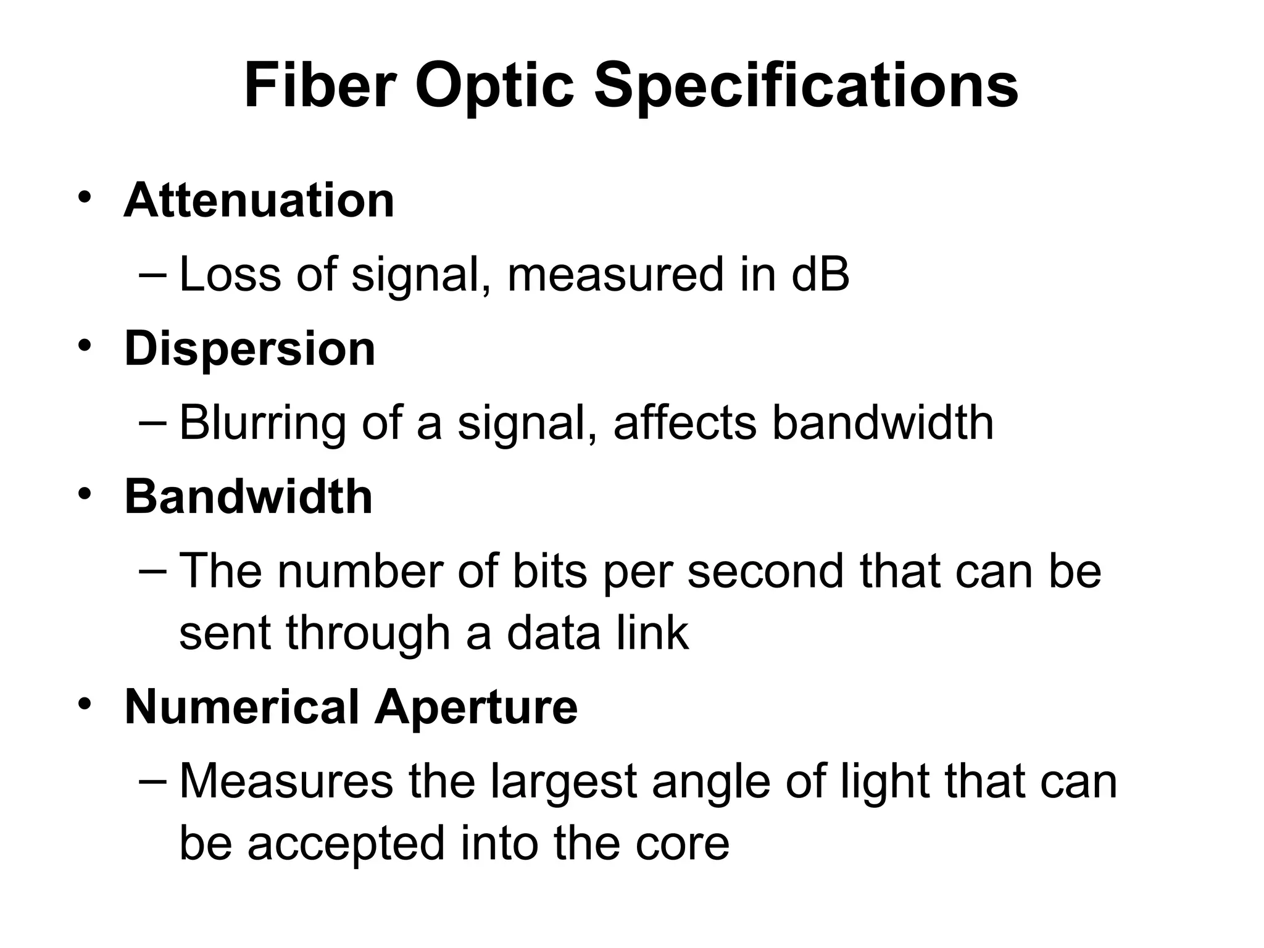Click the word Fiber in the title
pos(320,86)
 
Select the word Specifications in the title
pos(805,86)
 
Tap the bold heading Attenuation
pos(259,201)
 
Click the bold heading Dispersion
pos(250,349)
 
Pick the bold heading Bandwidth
pos(249,497)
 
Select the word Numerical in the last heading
pos(242,707)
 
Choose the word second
pos(765,571)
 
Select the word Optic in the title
pos(494,86)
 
